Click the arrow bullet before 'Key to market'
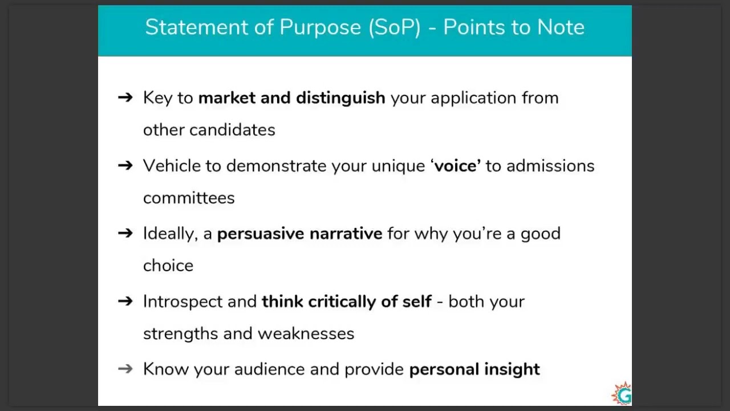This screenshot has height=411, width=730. (x=125, y=98)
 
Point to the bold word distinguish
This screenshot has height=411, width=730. (x=340, y=98)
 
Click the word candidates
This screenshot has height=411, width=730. (x=232, y=130)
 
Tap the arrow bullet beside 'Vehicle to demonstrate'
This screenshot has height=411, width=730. (x=125, y=166)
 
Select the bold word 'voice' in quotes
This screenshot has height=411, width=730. (x=456, y=166)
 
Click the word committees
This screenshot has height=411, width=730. (x=189, y=198)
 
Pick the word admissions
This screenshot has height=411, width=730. (x=550, y=166)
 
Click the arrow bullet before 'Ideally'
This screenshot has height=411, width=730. (x=125, y=233)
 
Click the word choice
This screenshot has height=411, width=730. (x=168, y=266)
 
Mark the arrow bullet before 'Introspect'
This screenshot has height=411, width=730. (x=125, y=301)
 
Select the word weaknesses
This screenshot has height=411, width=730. (x=306, y=333)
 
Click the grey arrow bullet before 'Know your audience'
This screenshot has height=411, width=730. (x=125, y=369)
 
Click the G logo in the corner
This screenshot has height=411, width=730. (x=622, y=394)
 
